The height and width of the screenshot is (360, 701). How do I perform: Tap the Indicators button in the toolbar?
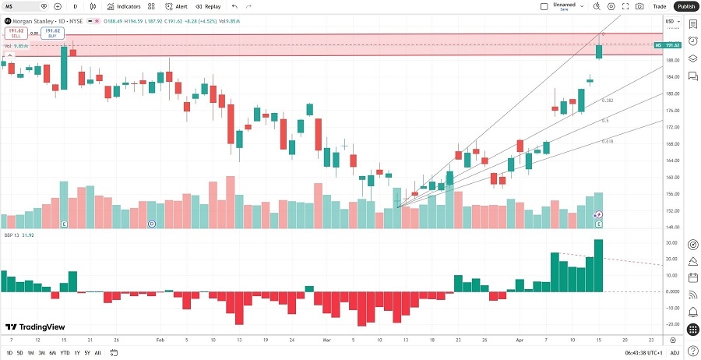(124, 6)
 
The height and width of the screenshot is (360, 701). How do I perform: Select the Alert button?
(176, 6)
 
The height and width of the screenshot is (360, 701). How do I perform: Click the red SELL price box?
(15, 34)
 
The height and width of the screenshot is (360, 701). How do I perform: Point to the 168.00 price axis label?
(672, 143)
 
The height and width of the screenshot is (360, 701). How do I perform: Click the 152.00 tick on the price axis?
(672, 210)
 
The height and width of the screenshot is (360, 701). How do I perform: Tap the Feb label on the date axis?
(160, 341)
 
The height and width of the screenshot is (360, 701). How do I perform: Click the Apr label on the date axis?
(518, 341)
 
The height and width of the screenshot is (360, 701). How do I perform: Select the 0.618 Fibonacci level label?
(607, 141)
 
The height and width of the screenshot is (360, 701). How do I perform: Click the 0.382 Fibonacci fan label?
(608, 101)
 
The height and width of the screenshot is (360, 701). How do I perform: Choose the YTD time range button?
(64, 353)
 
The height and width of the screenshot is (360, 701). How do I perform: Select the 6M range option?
(52, 353)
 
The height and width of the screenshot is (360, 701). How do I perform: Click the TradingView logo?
(35, 327)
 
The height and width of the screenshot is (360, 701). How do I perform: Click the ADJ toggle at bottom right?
(675, 353)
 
